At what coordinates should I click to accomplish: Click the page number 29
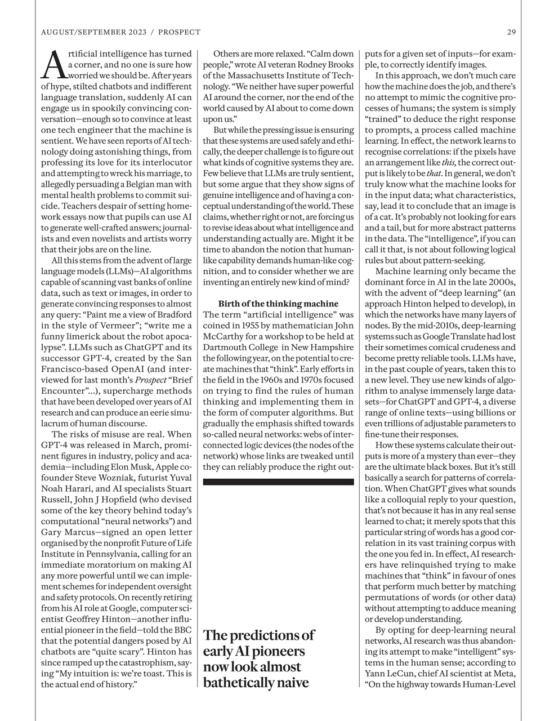511,32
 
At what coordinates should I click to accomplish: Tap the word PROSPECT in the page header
179,32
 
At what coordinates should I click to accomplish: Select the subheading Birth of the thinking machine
278,304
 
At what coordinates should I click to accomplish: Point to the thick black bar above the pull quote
278,482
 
